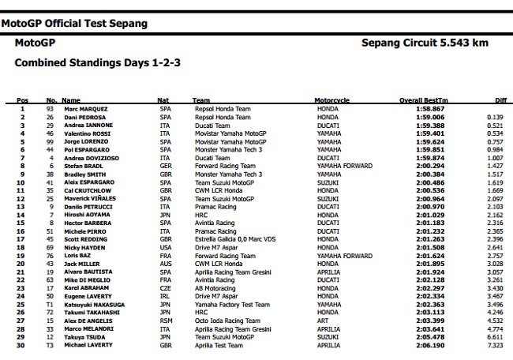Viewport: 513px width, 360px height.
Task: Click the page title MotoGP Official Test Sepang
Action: pyautogui.click(x=74, y=24)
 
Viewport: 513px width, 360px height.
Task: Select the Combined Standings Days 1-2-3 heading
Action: pyautogui.click(x=93, y=62)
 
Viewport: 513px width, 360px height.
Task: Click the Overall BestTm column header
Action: pyautogui.click(x=423, y=100)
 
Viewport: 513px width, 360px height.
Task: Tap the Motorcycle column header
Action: pyautogui.click(x=331, y=100)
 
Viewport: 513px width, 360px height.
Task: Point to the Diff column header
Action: pyautogui.click(x=500, y=100)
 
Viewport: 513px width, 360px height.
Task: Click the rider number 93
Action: pyautogui.click(x=51, y=109)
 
